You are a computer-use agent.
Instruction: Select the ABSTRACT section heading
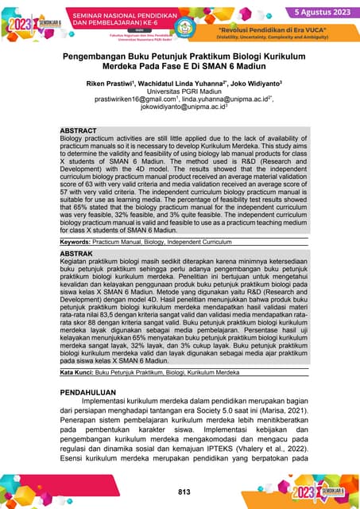pyautogui.click(x=79, y=130)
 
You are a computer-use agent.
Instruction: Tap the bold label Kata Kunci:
pyautogui.click(x=78, y=372)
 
